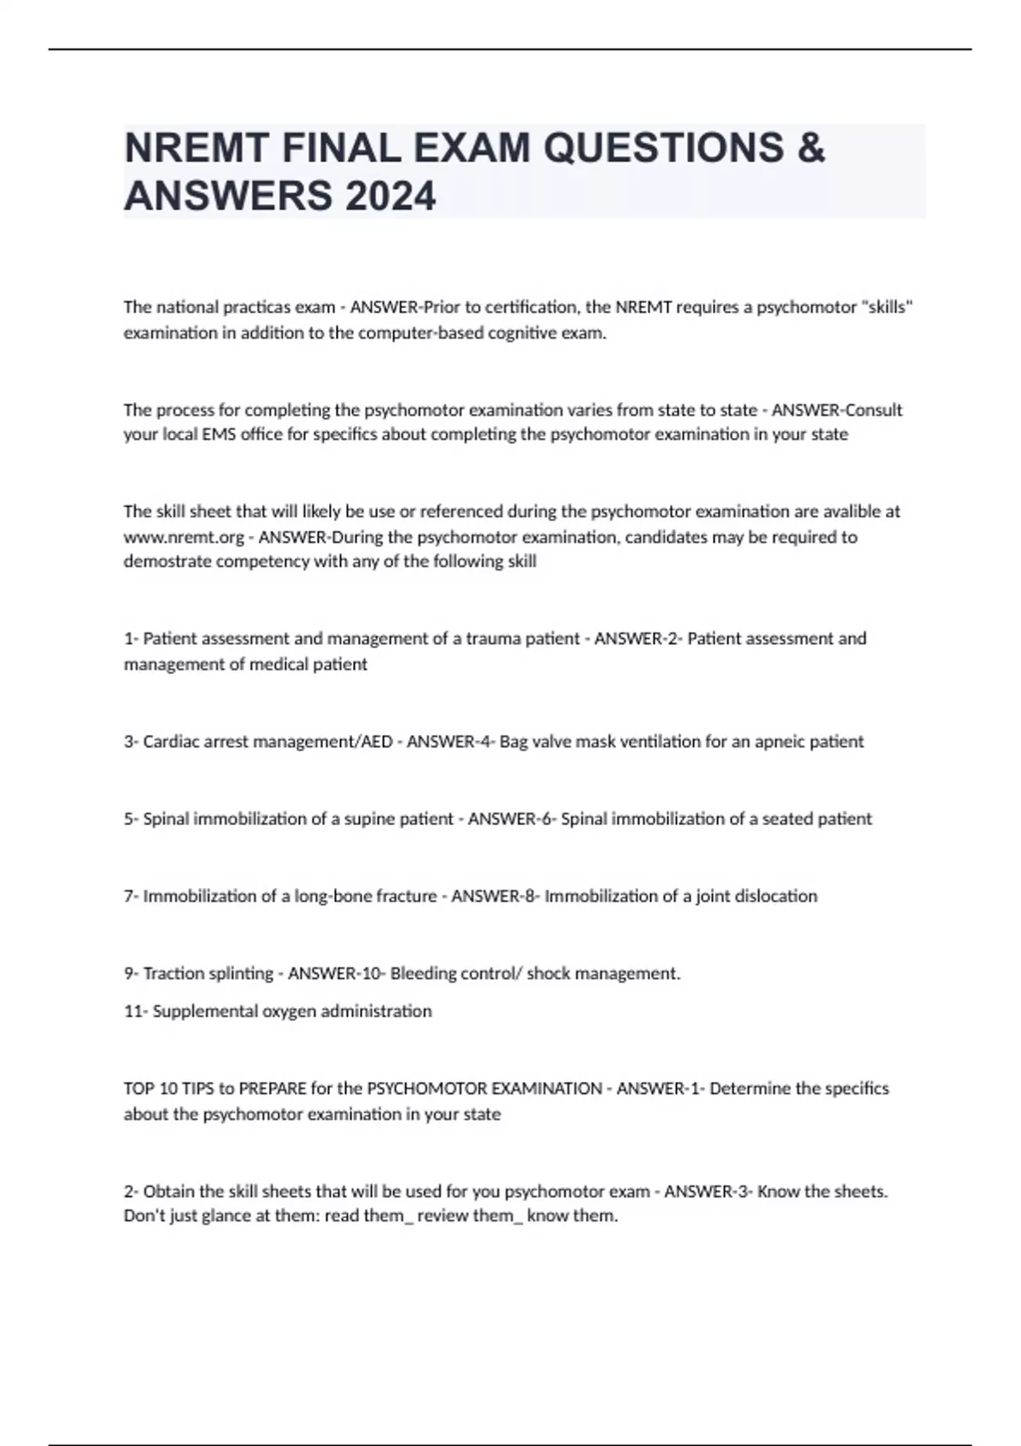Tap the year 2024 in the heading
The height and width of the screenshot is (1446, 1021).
pyautogui.click(x=391, y=196)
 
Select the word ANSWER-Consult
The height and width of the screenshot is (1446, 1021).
pyautogui.click(x=836, y=410)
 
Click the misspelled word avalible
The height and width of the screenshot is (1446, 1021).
pyautogui.click(x=853, y=511)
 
